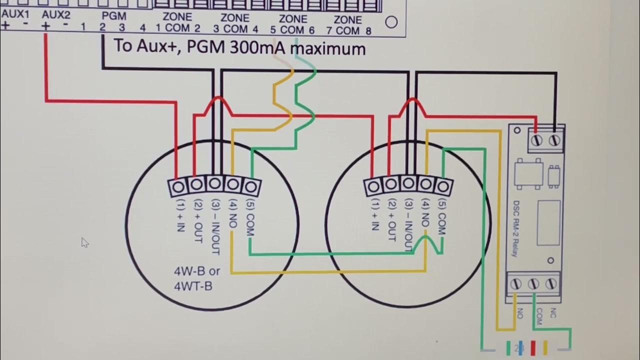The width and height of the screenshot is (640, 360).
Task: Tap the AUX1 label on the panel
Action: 15,13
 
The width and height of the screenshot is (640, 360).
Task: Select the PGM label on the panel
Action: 113,16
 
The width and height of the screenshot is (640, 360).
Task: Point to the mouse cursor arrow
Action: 84,242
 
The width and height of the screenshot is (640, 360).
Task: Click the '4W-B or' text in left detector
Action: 196,271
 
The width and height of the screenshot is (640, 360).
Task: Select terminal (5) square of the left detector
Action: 251,187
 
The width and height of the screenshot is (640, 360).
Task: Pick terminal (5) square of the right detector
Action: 442,187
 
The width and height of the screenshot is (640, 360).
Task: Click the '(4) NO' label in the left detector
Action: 233,214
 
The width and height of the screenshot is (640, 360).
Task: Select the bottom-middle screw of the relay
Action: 533,284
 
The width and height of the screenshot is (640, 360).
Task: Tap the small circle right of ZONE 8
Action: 391,22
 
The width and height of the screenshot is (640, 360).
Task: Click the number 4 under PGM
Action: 143,28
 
